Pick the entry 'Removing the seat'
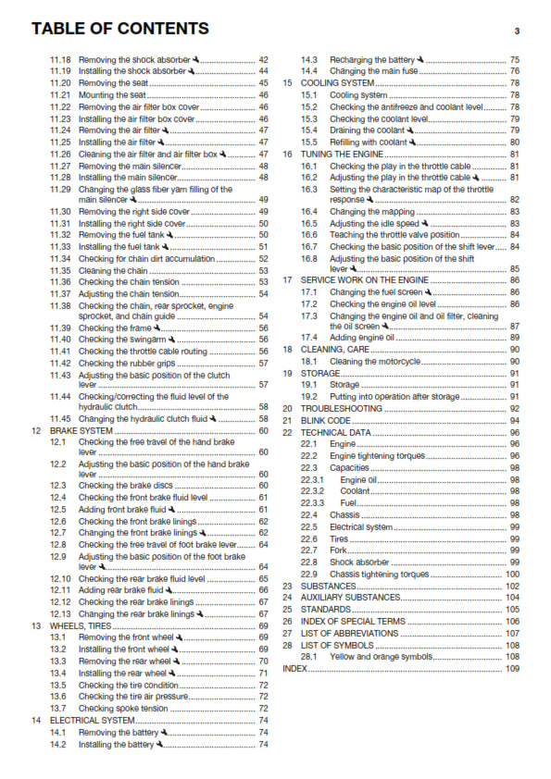point(111,82)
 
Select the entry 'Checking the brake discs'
point(126,485)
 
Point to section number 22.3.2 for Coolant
point(316,491)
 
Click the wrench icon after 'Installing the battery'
point(160,743)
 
